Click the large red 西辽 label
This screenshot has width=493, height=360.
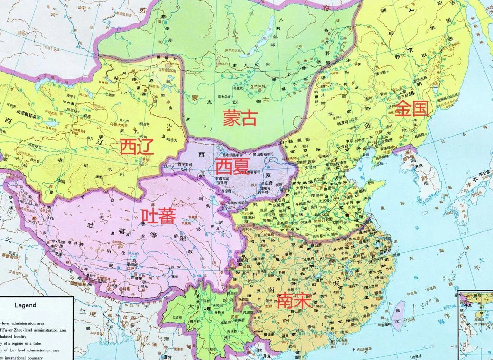click(137, 148)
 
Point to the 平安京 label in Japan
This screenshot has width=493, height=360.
click(479, 179)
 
